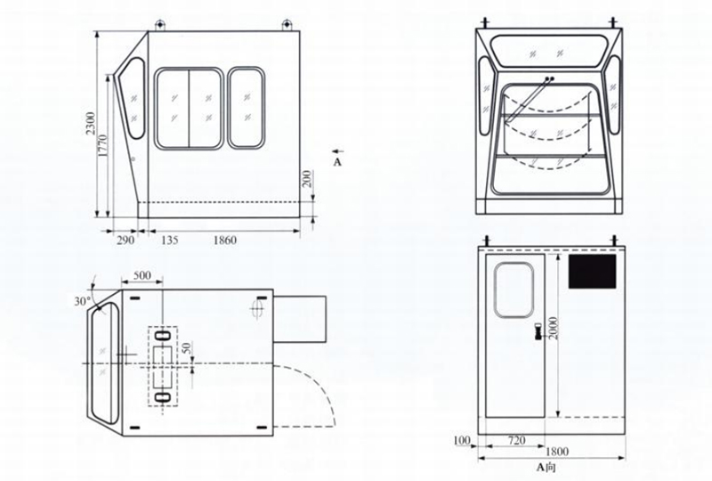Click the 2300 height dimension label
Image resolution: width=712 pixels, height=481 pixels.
click(x=91, y=123)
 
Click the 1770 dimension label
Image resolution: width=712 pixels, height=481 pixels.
click(x=102, y=145)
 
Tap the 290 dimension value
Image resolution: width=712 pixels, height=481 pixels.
click(x=125, y=240)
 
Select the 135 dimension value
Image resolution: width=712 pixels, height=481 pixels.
click(x=169, y=240)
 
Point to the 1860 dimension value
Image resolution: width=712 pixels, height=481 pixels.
click(x=225, y=240)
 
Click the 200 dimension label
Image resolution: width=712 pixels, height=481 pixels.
click(x=307, y=179)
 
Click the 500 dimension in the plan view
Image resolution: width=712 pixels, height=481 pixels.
click(x=142, y=275)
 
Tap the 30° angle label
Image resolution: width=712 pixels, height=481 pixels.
click(x=83, y=301)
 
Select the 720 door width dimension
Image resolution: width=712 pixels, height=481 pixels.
click(x=517, y=440)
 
